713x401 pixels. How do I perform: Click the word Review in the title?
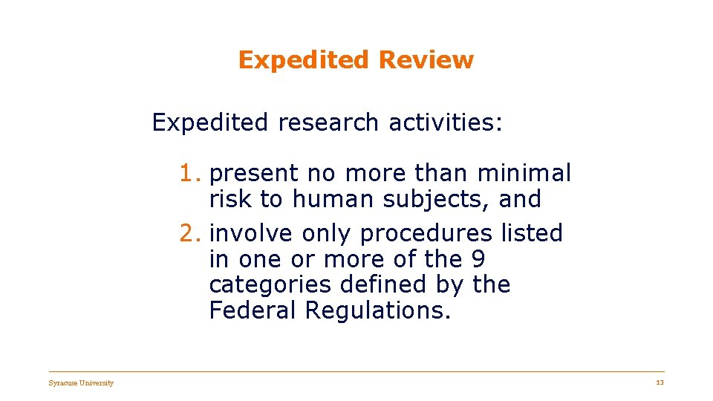pyautogui.click(x=425, y=60)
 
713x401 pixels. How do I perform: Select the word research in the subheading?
pyautogui.click(x=328, y=122)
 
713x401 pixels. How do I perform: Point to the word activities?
pyautogui.click(x=444, y=122)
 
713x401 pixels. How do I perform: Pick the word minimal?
pyautogui.click(x=524, y=174)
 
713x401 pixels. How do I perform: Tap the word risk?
pyautogui.click(x=231, y=199)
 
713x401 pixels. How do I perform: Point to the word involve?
pyautogui.click(x=252, y=233)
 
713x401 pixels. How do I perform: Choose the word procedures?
pyautogui.click(x=426, y=234)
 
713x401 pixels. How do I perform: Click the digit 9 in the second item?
pyautogui.click(x=479, y=259)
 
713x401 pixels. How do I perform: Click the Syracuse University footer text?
pyautogui.click(x=81, y=383)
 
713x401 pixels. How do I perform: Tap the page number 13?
pyautogui.click(x=660, y=382)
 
